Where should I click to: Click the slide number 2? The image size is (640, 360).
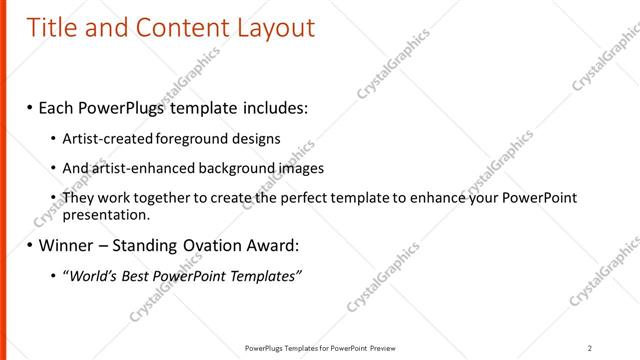tap(590, 348)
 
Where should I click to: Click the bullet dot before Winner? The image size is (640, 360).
tap(30, 245)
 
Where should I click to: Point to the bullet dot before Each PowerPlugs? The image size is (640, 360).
tap(30, 106)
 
